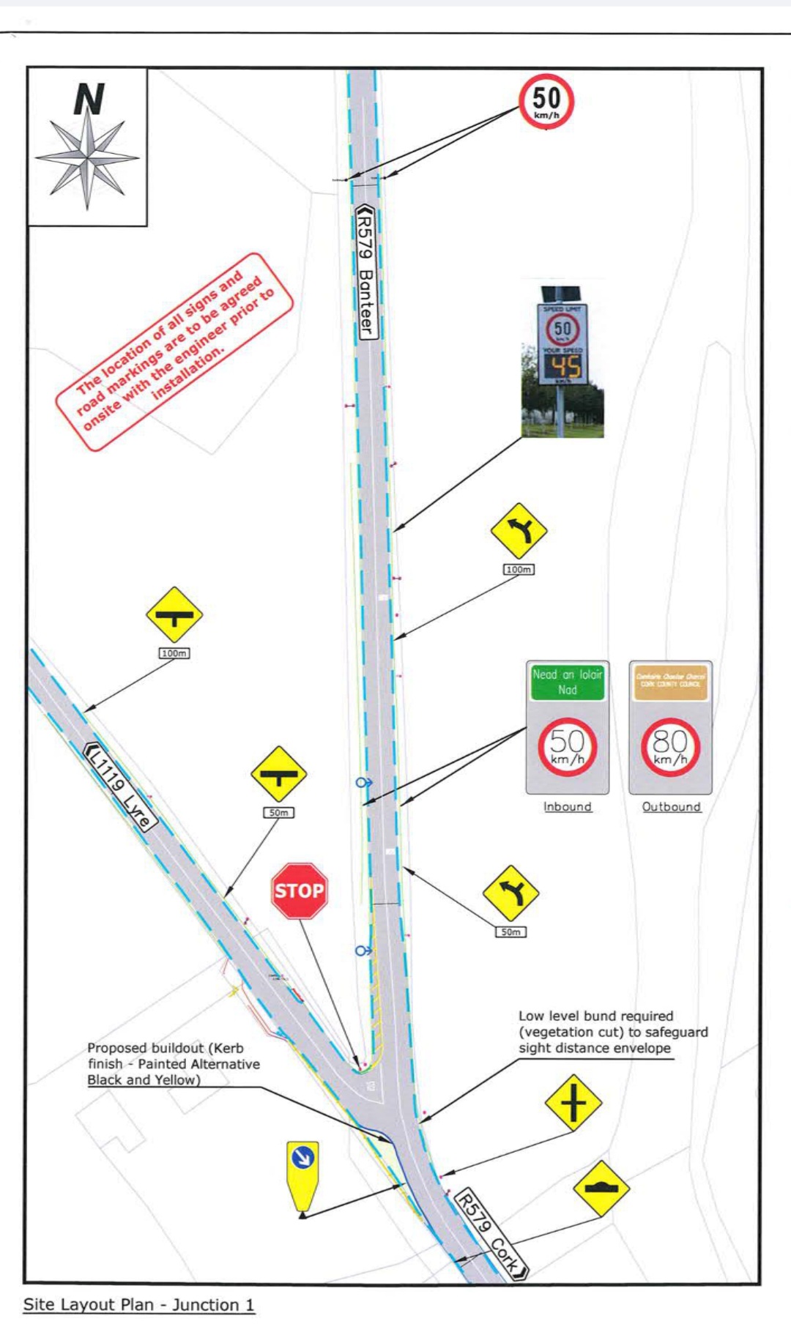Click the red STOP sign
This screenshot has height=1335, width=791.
tap(299, 890)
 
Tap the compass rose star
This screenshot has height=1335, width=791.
tap(87, 157)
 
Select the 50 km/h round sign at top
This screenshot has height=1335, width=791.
tap(546, 101)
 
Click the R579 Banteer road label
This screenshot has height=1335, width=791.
tap(365, 271)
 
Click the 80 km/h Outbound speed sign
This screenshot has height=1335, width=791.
tap(670, 747)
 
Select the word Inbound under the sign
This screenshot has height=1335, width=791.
tap(567, 806)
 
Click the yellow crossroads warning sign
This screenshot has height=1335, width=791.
tap(573, 1103)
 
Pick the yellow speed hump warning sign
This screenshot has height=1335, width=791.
tap(601, 1188)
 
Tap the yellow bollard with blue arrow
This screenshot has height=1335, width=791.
tap(302, 1176)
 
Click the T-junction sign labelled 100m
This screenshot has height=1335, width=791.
tap(174, 615)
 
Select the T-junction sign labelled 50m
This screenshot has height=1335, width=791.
tap(278, 774)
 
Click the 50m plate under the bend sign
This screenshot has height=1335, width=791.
tap(510, 931)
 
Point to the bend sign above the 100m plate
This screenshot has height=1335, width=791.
tap(519, 531)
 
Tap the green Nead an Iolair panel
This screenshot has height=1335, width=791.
tap(568, 682)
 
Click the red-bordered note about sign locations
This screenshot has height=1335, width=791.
tap(174, 352)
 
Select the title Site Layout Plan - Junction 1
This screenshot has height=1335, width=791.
tap(139, 1304)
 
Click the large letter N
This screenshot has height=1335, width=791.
tap(89, 99)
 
